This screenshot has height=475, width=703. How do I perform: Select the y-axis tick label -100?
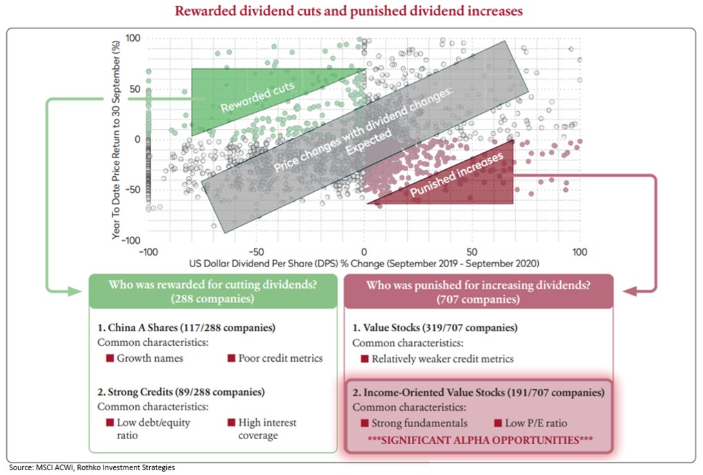(x=130, y=239)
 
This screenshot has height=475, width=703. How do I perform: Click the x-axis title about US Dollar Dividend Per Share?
(x=364, y=263)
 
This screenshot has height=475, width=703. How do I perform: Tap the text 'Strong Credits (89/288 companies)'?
(x=181, y=391)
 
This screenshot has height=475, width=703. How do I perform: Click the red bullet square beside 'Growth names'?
(x=109, y=358)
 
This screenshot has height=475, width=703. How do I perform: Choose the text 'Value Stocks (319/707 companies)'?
(x=435, y=328)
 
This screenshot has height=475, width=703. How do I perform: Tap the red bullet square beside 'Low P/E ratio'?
(x=498, y=423)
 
